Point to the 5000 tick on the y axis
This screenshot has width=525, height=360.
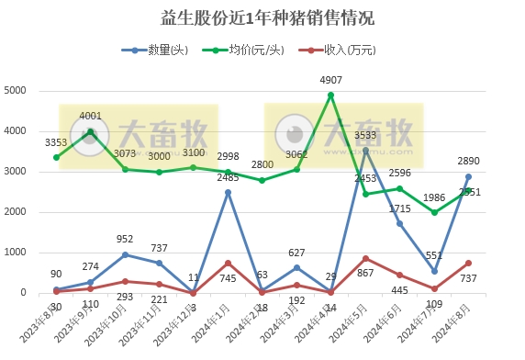(x=16, y=91)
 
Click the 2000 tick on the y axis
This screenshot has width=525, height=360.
(x=16, y=212)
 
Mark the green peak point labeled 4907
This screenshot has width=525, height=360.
(x=330, y=95)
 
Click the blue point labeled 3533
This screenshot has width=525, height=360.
(x=365, y=151)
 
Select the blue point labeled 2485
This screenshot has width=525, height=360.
(x=228, y=193)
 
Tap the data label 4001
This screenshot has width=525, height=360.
(x=91, y=117)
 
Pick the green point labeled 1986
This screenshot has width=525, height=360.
(x=434, y=212)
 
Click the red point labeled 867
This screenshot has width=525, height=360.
(x=365, y=258)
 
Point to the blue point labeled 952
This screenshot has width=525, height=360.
(x=125, y=254)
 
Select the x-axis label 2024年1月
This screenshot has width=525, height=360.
(x=213, y=321)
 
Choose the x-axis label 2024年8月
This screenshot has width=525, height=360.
(x=454, y=321)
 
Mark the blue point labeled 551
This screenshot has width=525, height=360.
(x=434, y=271)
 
